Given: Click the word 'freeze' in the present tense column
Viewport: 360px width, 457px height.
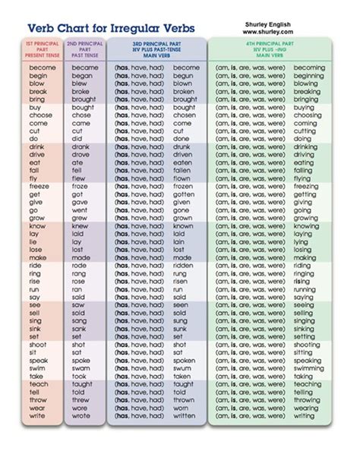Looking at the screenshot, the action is point(39,186).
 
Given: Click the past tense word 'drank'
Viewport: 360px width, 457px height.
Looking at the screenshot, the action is point(81,147).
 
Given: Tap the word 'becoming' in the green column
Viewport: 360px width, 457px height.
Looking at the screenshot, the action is point(308,68).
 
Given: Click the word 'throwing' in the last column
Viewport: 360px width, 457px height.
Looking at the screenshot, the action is point(308,400).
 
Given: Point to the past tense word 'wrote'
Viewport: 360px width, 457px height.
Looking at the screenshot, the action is point(81,416).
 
